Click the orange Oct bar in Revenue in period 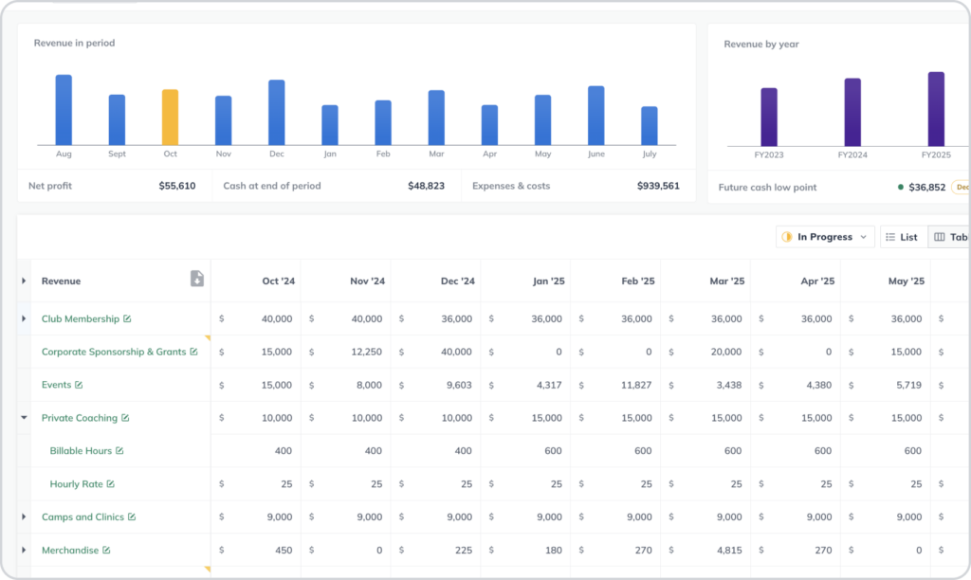pyautogui.click(x=170, y=118)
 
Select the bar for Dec pyautogui.click(x=276, y=112)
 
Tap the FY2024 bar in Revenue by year pyautogui.click(x=852, y=112)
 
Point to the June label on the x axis pyautogui.click(x=595, y=154)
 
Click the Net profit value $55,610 pyautogui.click(x=176, y=186)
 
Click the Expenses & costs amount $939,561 pyautogui.click(x=657, y=186)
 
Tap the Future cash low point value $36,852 pyautogui.click(x=925, y=188)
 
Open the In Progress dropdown pyautogui.click(x=824, y=237)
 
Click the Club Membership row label pyautogui.click(x=80, y=319)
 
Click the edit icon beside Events pyautogui.click(x=79, y=385)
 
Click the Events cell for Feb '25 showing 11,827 pyautogui.click(x=633, y=385)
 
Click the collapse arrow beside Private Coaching pyautogui.click(x=24, y=418)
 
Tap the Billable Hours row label pyautogui.click(x=81, y=451)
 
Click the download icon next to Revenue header pyautogui.click(x=196, y=279)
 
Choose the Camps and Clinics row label pyautogui.click(x=82, y=517)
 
